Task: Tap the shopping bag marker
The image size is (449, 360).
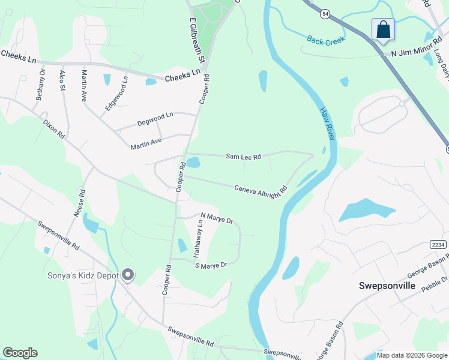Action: tap(383, 29)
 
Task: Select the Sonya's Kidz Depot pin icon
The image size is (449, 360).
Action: tap(127, 275)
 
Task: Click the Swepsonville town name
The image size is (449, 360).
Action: tap(387, 286)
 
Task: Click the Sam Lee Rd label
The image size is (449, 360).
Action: tap(243, 157)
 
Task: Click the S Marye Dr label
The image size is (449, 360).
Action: tap(211, 265)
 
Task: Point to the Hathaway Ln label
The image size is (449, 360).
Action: tap(197, 239)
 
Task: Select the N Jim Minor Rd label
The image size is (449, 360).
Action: tap(412, 54)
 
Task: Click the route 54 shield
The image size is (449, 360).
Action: tap(325, 14)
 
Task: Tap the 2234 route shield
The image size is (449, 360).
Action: tap(438, 244)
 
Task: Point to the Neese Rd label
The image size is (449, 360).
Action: tap(79, 206)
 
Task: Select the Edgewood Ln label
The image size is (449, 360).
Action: tap(117, 92)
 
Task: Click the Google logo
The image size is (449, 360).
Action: tap(20, 353)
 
